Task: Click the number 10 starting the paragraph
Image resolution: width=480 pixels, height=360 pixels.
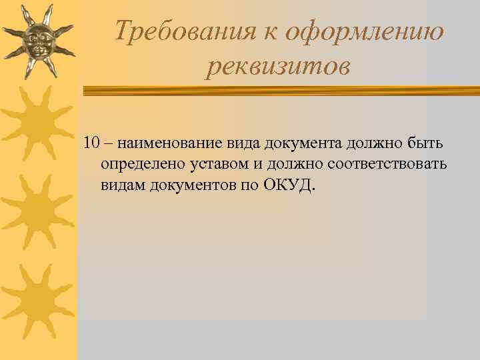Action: pyautogui.click(x=91, y=144)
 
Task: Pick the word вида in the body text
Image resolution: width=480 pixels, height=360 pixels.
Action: pyautogui.click(x=243, y=144)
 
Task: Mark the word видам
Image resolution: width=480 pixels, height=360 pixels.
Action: pyautogui.click(x=120, y=184)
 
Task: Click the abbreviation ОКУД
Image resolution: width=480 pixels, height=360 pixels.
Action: pyautogui.click(x=291, y=184)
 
